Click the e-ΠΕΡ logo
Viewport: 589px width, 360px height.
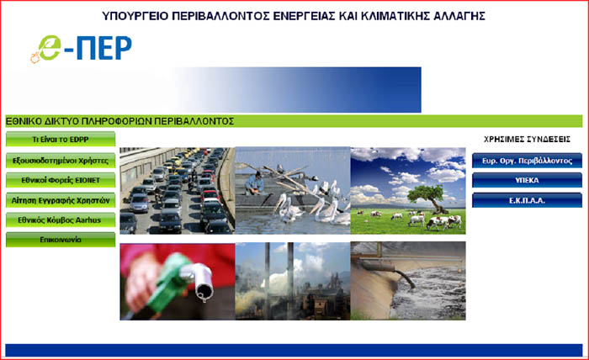(81, 49)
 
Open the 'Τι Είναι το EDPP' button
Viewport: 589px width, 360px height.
(61, 140)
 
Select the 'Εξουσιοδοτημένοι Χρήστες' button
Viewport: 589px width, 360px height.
(61, 161)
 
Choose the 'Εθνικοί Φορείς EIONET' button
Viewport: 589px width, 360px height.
(61, 180)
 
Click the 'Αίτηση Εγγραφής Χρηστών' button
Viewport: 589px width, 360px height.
(61, 200)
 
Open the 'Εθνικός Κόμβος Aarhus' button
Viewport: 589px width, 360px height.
(61, 220)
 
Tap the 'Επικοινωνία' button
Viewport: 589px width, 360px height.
(61, 240)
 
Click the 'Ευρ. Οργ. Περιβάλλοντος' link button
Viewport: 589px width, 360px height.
(527, 161)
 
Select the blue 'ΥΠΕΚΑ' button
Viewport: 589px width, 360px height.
(527, 180)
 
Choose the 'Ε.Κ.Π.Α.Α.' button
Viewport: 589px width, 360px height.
(527, 200)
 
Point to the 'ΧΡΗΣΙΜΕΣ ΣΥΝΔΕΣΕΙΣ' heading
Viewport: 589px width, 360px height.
(527, 140)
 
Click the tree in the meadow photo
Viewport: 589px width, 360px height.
(428, 197)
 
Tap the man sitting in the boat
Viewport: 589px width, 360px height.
(255, 183)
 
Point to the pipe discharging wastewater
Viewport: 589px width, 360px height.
(390, 270)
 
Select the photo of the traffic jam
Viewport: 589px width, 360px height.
(177, 191)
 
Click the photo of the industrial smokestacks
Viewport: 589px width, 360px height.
(293, 281)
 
